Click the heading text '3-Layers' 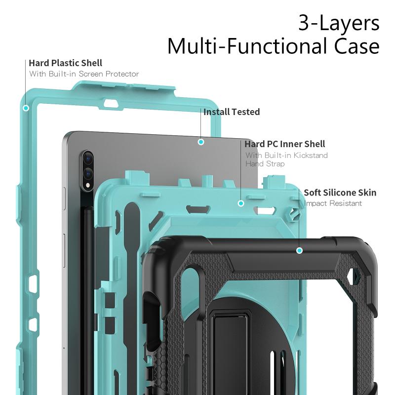pos(339,23)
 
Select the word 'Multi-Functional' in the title pos(248,46)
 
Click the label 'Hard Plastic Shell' pos(66,63)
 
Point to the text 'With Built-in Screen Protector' pos(84,74)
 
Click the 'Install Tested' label pos(232,112)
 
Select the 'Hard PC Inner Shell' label pos(285,144)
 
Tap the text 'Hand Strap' pos(265,164)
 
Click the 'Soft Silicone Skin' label pos(340,193)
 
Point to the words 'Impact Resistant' pos(333,203)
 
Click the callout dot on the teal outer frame pos(26,108)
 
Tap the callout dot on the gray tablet pos(201,142)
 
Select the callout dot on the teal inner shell pos(241,203)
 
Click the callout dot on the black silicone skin pos(299,250)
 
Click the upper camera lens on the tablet pos(88,158)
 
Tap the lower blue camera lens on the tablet pos(88,173)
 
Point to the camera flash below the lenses pos(88,186)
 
